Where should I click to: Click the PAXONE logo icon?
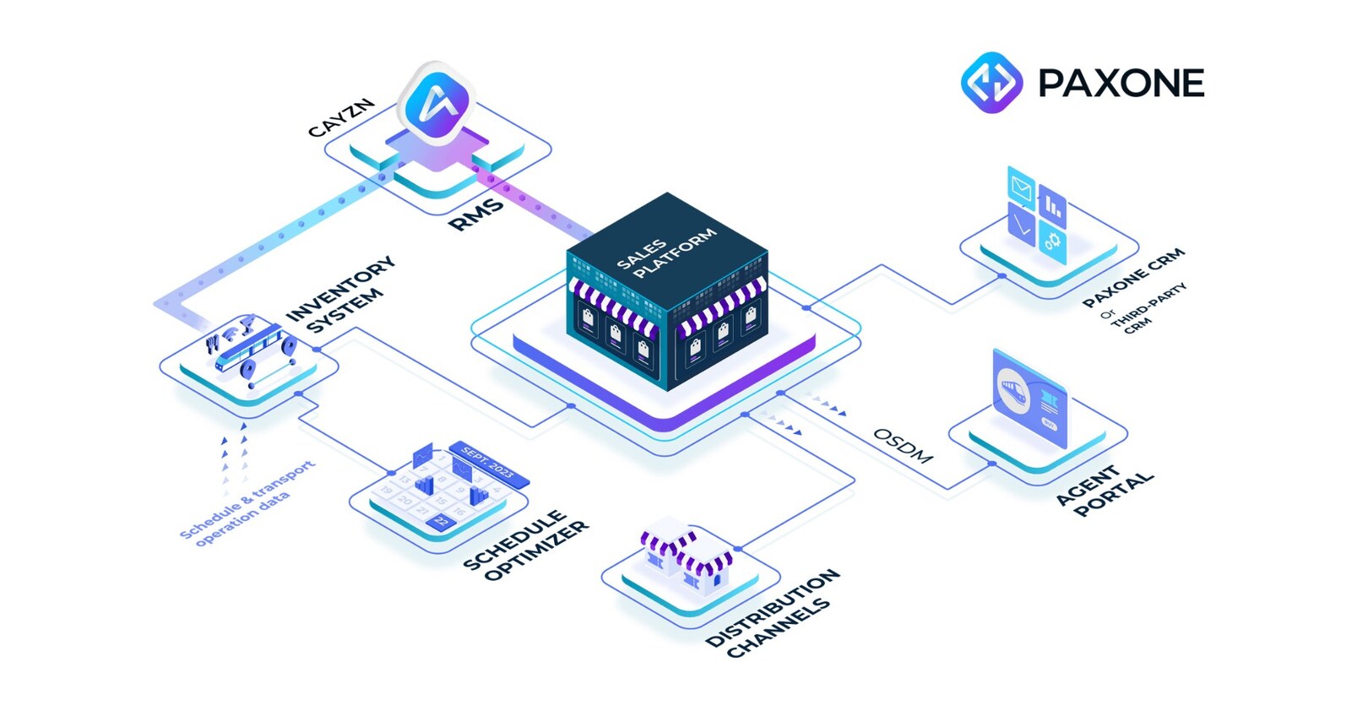coord(991,83)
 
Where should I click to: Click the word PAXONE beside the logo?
coord(1121,84)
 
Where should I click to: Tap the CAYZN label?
coord(340,117)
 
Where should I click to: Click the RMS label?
coord(475,214)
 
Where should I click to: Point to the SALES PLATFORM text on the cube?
coord(665,251)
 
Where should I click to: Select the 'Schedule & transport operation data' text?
coord(245,503)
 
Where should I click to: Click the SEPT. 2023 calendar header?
coord(488,464)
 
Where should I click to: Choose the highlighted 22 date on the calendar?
coord(439,523)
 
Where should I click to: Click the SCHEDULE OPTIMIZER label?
coord(525,544)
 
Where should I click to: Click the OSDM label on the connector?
coord(902,446)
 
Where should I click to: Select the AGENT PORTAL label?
coord(1104,490)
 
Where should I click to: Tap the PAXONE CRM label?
coord(1134,277)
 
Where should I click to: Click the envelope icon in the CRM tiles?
coord(1021,187)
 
